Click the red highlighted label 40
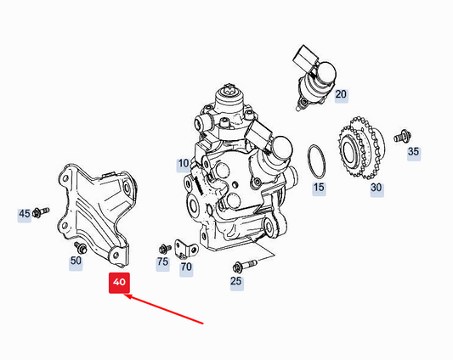[x=118, y=282]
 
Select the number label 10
[x=184, y=163]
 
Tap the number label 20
[x=341, y=95]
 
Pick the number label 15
[x=318, y=186]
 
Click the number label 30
[x=376, y=188]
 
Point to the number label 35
[x=414, y=152]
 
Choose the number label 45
[x=24, y=213]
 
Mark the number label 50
[x=76, y=261]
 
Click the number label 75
[x=162, y=262]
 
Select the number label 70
[x=186, y=267]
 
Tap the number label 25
[x=236, y=280]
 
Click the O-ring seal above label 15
[x=316, y=158]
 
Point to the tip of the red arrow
[x=124, y=296]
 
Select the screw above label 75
[x=163, y=248]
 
